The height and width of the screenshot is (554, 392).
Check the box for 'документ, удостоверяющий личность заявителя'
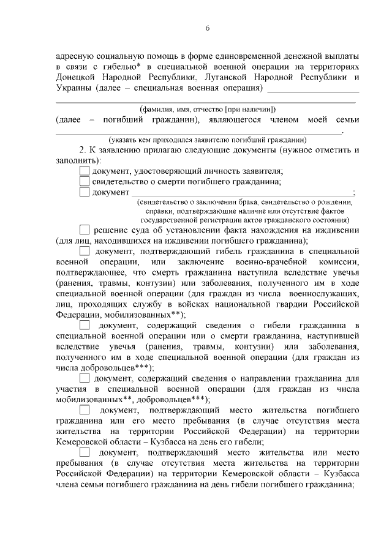[85, 171]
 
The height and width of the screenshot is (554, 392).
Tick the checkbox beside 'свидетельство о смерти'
[85, 181]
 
